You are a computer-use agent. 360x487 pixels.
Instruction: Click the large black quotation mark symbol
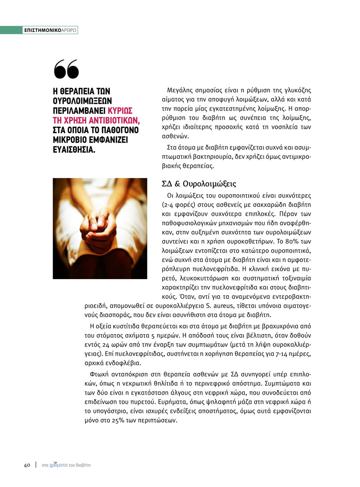pos(67,69)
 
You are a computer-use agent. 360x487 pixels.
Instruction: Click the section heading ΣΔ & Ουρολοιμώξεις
pos(199,184)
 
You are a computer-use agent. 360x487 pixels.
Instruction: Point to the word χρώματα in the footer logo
pos(59,465)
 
